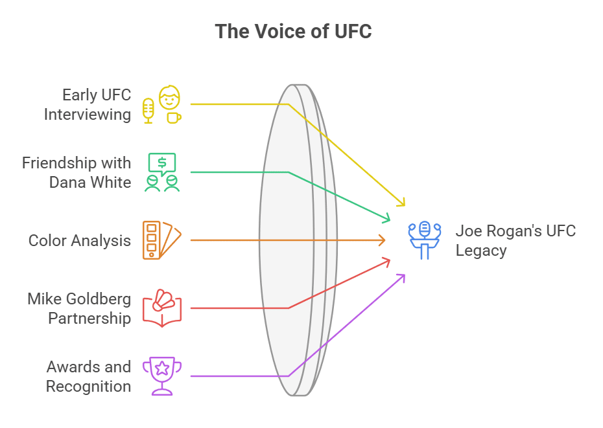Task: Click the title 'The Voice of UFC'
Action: coord(293,31)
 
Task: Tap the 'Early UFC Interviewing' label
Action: coord(88,105)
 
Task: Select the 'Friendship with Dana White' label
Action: coord(77,172)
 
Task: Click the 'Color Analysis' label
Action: coord(80,241)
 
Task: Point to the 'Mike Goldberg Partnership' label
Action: coord(79,308)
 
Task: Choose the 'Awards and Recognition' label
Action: coord(89,376)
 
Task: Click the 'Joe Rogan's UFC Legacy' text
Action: coord(515,240)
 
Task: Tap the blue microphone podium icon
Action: coord(425,240)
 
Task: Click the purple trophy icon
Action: coord(161,376)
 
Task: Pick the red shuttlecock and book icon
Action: coord(162,308)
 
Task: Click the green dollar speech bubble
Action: coord(162,163)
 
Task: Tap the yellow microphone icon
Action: coord(148,111)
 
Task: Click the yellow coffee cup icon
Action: coord(173,117)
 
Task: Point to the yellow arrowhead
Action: coord(402,203)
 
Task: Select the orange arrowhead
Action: coord(383,240)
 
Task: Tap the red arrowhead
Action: coord(387,260)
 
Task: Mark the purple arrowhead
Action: coord(402,276)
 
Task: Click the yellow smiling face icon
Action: coord(170,98)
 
